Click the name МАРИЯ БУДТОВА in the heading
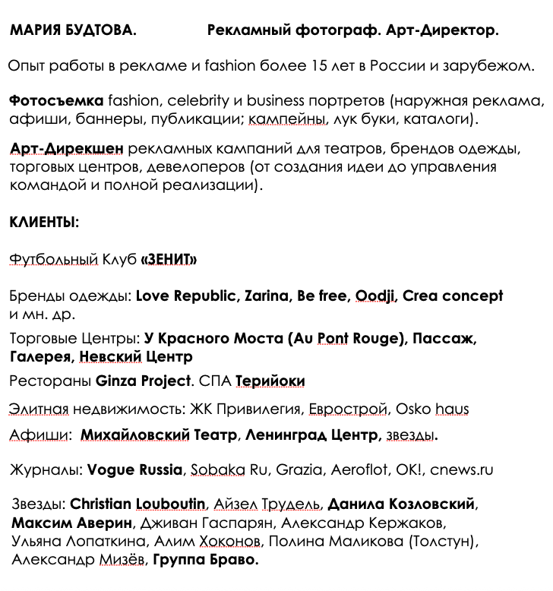pyautogui.click(x=74, y=31)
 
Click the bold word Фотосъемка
pyautogui.click(x=56, y=101)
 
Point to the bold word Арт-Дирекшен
pyautogui.click(x=67, y=149)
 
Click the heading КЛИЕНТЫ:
pyautogui.click(x=44, y=223)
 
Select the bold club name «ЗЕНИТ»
pyautogui.click(x=169, y=260)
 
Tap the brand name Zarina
pyautogui.click(x=266, y=296)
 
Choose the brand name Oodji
pyautogui.click(x=374, y=296)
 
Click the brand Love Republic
pyautogui.click(x=185, y=296)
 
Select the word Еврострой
pyautogui.click(x=348, y=409)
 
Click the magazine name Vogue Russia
pyautogui.click(x=135, y=469)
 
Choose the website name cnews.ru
pyautogui.click(x=461, y=469)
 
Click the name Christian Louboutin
pyautogui.click(x=137, y=504)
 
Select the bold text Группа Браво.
pyautogui.click(x=206, y=561)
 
